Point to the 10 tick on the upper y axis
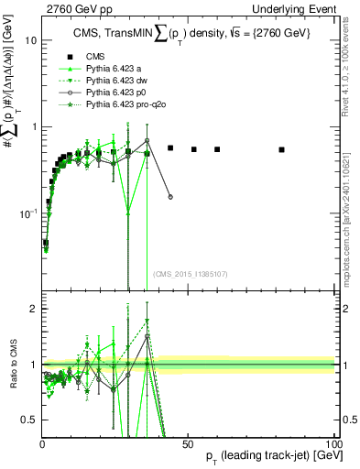point(30,41)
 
